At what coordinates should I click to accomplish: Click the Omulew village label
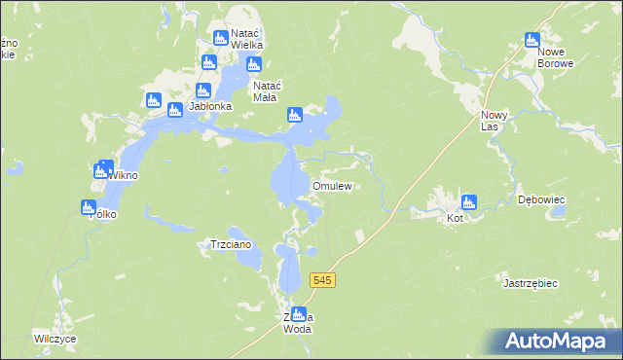click(330, 186)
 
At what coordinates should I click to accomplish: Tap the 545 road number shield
click(324, 280)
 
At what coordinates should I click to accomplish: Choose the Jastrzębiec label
click(529, 283)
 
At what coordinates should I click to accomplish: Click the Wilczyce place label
click(55, 339)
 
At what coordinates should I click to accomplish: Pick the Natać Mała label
click(267, 90)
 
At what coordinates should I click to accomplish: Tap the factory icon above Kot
click(468, 202)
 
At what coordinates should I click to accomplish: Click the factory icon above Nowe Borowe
click(531, 40)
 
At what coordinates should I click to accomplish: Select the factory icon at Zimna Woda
click(299, 313)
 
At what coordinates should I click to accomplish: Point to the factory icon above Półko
click(88, 207)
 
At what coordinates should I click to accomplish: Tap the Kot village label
click(455, 219)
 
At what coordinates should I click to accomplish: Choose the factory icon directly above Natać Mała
click(254, 65)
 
